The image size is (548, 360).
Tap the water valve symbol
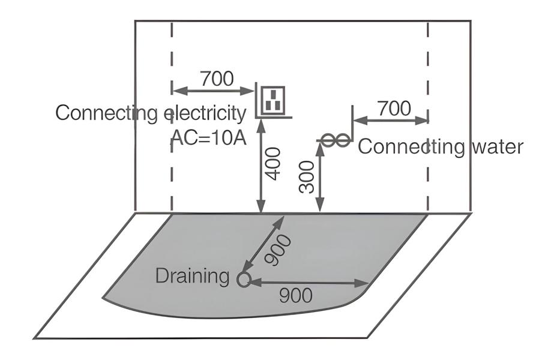point(334,140)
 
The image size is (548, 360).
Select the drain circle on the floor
point(243,280)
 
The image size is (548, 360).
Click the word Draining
point(192,277)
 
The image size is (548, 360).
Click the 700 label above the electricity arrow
point(217,79)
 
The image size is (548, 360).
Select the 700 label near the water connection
point(394,109)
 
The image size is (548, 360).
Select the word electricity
point(205,113)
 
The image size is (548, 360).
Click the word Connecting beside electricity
point(108,113)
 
